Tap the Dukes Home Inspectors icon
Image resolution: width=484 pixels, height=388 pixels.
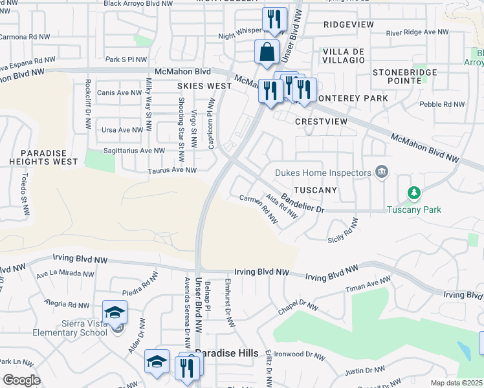382,172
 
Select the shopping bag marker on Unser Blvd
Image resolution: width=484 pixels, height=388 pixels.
267,52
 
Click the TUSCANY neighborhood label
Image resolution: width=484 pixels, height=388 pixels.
315,190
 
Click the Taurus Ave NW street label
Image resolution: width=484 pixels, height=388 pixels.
171,171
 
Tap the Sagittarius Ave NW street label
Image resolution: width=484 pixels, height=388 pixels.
135,151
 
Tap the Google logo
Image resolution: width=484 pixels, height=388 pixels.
21,380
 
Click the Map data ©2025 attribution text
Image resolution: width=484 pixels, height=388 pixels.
457,383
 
